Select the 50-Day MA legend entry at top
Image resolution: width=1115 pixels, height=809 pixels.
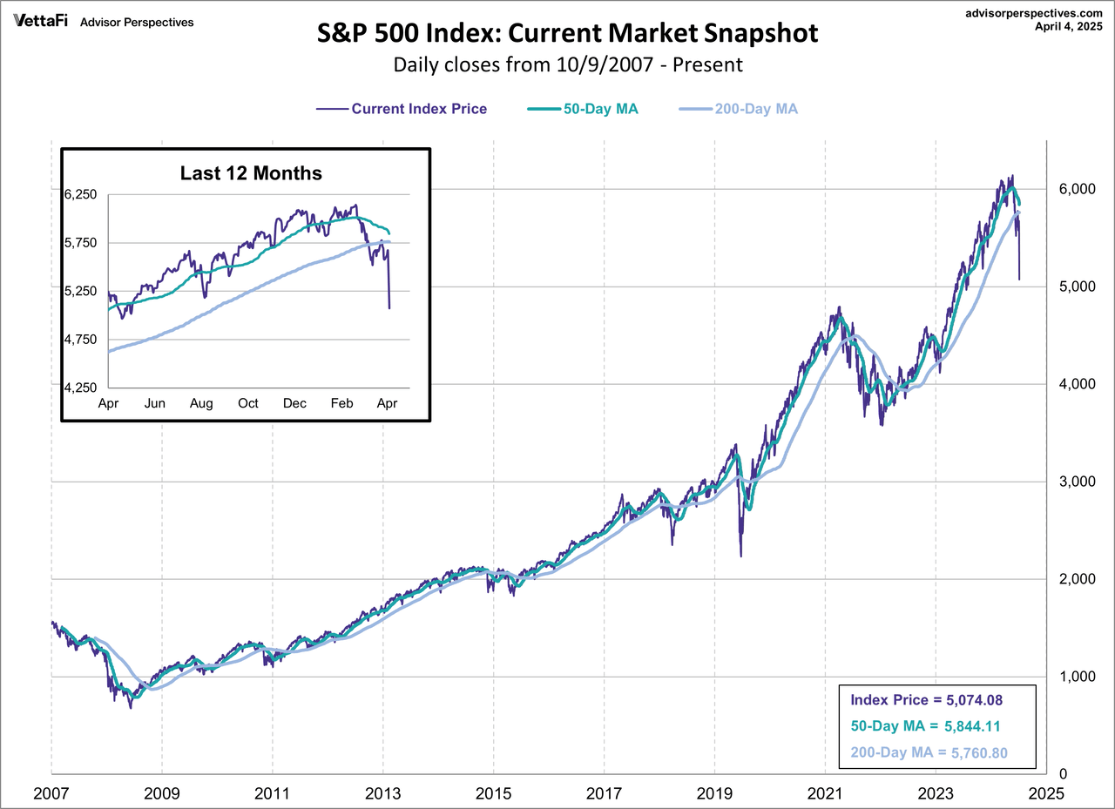(x=583, y=109)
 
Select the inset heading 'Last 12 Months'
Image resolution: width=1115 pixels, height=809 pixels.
(x=251, y=173)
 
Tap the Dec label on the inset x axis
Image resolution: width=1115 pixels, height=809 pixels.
(x=294, y=403)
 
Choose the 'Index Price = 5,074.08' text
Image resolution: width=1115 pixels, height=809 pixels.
(x=925, y=698)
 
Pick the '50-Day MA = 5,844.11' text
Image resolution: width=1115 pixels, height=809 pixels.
(x=925, y=726)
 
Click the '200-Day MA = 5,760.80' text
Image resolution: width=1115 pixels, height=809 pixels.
(x=925, y=753)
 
